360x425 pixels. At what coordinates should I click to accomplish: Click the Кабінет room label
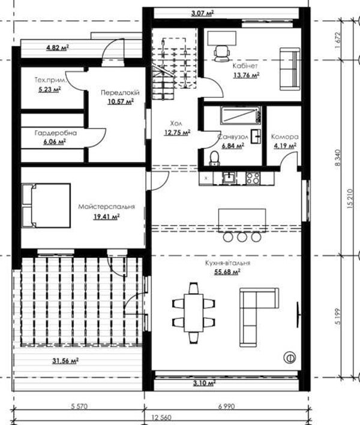tap(245, 66)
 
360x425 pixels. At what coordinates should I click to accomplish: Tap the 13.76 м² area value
tap(247, 75)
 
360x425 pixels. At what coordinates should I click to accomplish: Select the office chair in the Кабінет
tap(222, 53)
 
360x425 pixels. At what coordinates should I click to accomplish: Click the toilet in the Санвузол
tap(214, 158)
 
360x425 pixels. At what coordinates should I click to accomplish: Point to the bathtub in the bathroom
tap(241, 115)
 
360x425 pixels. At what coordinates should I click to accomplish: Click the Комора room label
tap(284, 137)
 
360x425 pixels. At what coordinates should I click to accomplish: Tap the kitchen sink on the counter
tap(230, 178)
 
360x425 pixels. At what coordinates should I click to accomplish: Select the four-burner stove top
tap(253, 178)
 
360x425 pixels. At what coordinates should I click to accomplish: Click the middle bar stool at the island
tap(242, 237)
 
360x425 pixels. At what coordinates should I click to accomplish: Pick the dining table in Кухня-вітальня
tap(194, 313)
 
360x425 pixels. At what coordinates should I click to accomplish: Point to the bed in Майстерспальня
tap(46, 205)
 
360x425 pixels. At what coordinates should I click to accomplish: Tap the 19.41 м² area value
tap(107, 216)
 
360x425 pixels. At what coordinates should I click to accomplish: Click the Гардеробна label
tap(56, 133)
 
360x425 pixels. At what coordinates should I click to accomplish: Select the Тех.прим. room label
tap(51, 80)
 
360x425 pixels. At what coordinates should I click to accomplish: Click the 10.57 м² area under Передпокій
tap(121, 102)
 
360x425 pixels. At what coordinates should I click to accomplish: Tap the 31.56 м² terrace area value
tap(65, 361)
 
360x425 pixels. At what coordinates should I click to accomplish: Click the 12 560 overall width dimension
tap(161, 417)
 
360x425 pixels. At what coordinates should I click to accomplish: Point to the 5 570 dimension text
tap(79, 406)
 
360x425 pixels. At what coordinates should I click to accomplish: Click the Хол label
tap(176, 123)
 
